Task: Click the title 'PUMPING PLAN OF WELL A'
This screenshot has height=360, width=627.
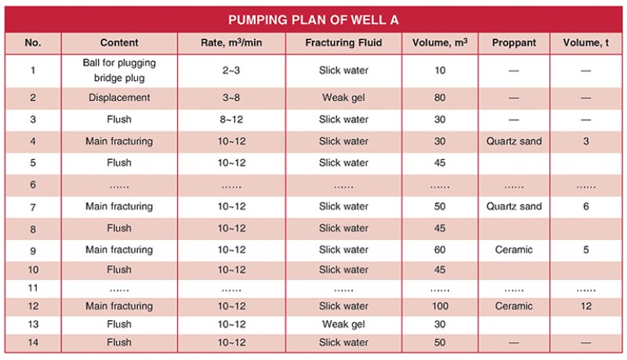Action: point(313,19)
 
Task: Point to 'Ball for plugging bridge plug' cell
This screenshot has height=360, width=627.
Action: point(120,71)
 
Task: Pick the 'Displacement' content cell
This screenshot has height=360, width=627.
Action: point(120,99)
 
